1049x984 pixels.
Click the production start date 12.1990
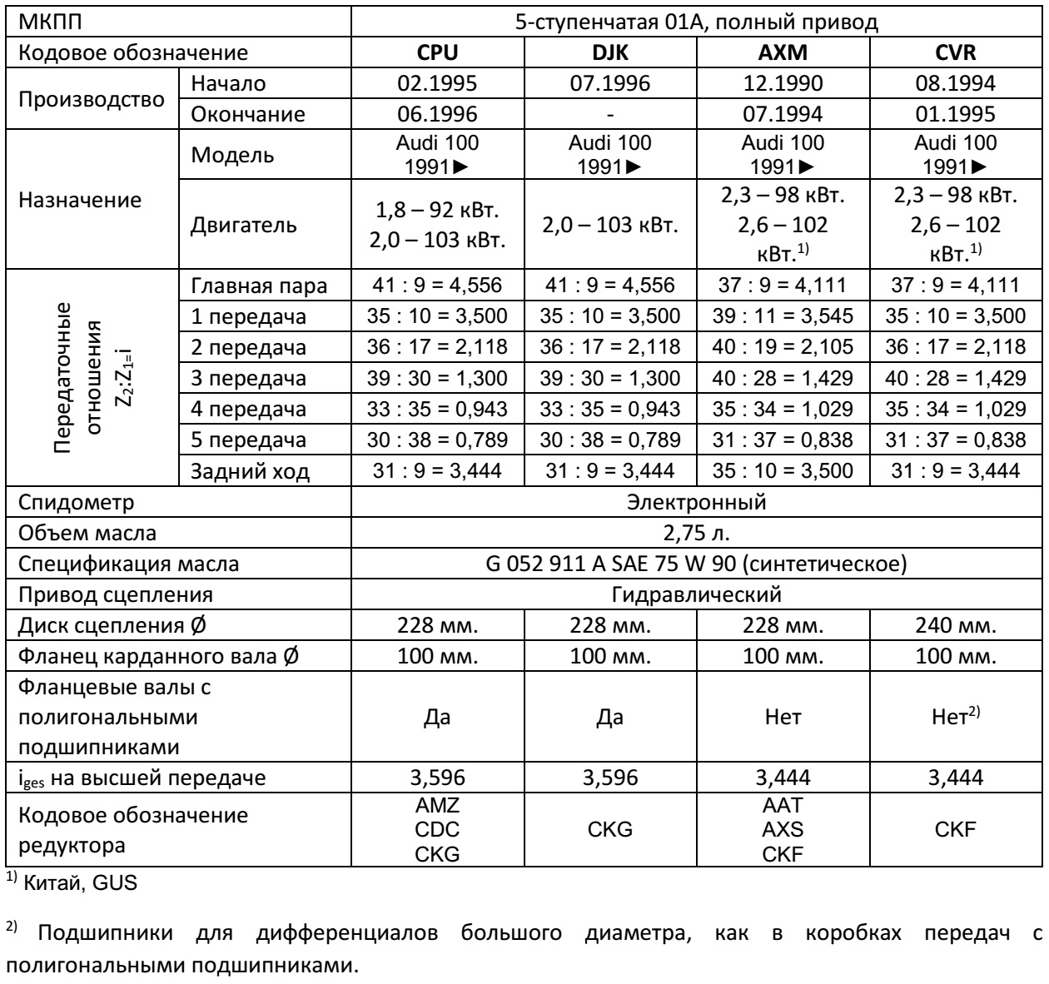point(783,85)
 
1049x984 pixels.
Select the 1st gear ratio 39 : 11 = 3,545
point(783,316)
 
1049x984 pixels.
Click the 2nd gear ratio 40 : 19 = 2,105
point(783,347)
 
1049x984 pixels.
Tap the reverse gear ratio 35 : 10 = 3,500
point(783,472)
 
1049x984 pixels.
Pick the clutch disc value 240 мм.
point(956,627)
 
